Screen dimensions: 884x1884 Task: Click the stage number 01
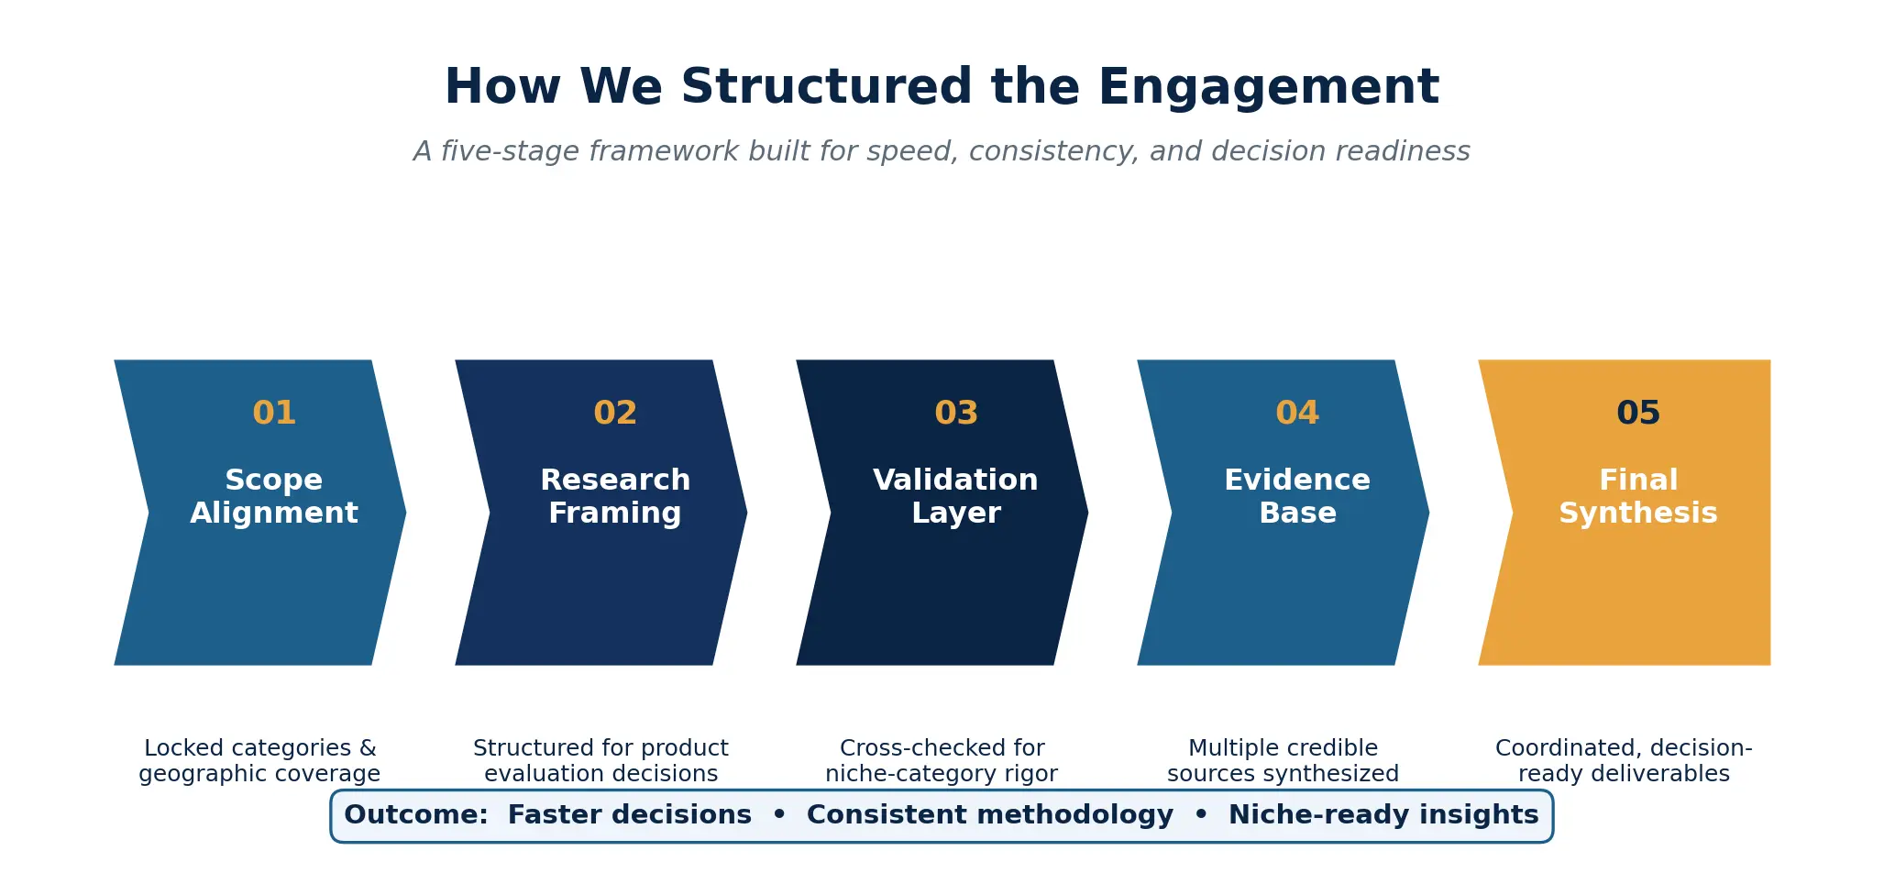click(274, 413)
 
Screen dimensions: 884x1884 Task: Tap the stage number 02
click(615, 413)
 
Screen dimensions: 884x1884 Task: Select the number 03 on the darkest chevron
click(956, 413)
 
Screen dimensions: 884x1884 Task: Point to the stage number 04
click(1297, 413)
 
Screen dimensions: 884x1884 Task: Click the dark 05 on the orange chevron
click(1638, 413)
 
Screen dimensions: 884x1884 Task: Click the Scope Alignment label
click(274, 496)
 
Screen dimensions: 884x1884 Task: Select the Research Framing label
click(615, 496)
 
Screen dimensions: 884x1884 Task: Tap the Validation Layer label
click(956, 496)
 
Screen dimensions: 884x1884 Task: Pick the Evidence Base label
click(1297, 496)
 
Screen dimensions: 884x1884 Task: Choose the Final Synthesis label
click(1638, 496)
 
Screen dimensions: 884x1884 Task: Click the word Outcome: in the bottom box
click(416, 815)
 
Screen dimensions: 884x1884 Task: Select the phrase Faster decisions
click(629, 815)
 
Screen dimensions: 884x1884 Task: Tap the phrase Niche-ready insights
click(1383, 815)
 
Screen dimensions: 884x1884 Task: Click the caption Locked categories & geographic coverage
click(259, 761)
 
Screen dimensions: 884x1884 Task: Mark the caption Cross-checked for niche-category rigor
click(942, 761)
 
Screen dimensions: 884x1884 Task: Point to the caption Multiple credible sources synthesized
click(1283, 761)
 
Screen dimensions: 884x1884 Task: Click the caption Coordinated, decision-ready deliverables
click(1624, 761)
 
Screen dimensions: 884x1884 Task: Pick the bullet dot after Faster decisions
click(779, 815)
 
